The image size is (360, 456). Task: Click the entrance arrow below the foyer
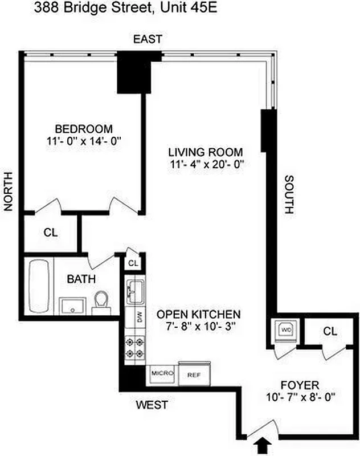pyautogui.click(x=263, y=443)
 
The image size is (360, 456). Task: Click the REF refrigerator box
pyautogui.click(x=194, y=374)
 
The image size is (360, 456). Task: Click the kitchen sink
pyautogui.click(x=136, y=290)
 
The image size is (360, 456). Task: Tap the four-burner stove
pyautogui.click(x=136, y=347)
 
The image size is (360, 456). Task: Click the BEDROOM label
pyautogui.click(x=84, y=129)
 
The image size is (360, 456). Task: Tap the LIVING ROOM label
pyautogui.click(x=205, y=153)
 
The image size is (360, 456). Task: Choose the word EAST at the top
pyautogui.click(x=148, y=39)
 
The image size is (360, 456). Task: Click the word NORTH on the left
pyautogui.click(x=9, y=193)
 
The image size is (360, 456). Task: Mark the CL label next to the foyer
pyautogui.click(x=330, y=331)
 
